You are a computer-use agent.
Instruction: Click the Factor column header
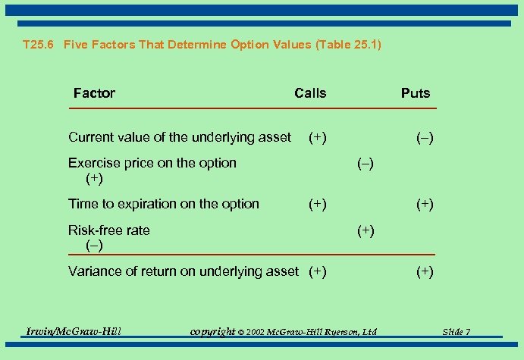tap(94, 93)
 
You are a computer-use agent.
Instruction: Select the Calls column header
tap(310, 93)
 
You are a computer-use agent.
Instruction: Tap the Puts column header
tap(415, 93)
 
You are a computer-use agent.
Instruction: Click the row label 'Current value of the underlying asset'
tap(179, 137)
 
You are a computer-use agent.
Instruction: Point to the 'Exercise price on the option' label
tap(152, 163)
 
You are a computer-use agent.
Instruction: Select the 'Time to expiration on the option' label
tap(163, 204)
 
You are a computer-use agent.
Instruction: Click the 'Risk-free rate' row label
tap(108, 230)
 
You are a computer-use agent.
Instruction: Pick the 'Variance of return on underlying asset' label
tap(183, 271)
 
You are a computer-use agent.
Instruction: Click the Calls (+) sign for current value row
tap(317, 137)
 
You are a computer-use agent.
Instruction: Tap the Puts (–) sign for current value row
tap(424, 138)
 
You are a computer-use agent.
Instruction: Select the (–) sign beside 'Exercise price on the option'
tap(365, 164)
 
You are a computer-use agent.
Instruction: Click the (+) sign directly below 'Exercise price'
tap(94, 180)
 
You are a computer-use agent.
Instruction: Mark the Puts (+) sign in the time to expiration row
tap(424, 205)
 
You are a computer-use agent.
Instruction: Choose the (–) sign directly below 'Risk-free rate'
tap(94, 246)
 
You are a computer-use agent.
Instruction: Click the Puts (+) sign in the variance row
tap(424, 272)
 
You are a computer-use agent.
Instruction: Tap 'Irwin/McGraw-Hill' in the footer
tap(74, 331)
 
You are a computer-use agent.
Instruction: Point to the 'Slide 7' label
tap(457, 332)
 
